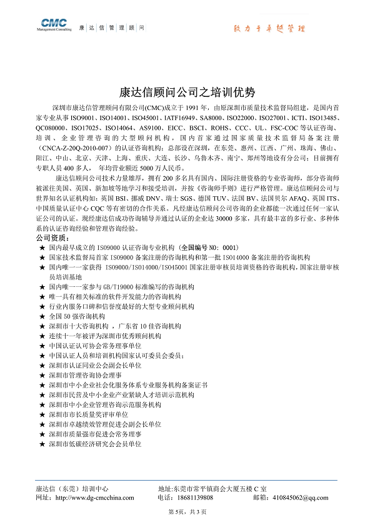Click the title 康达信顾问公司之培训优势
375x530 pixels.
click(187, 92)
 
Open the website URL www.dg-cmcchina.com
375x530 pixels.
click(94, 497)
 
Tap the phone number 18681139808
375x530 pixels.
click(194, 497)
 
